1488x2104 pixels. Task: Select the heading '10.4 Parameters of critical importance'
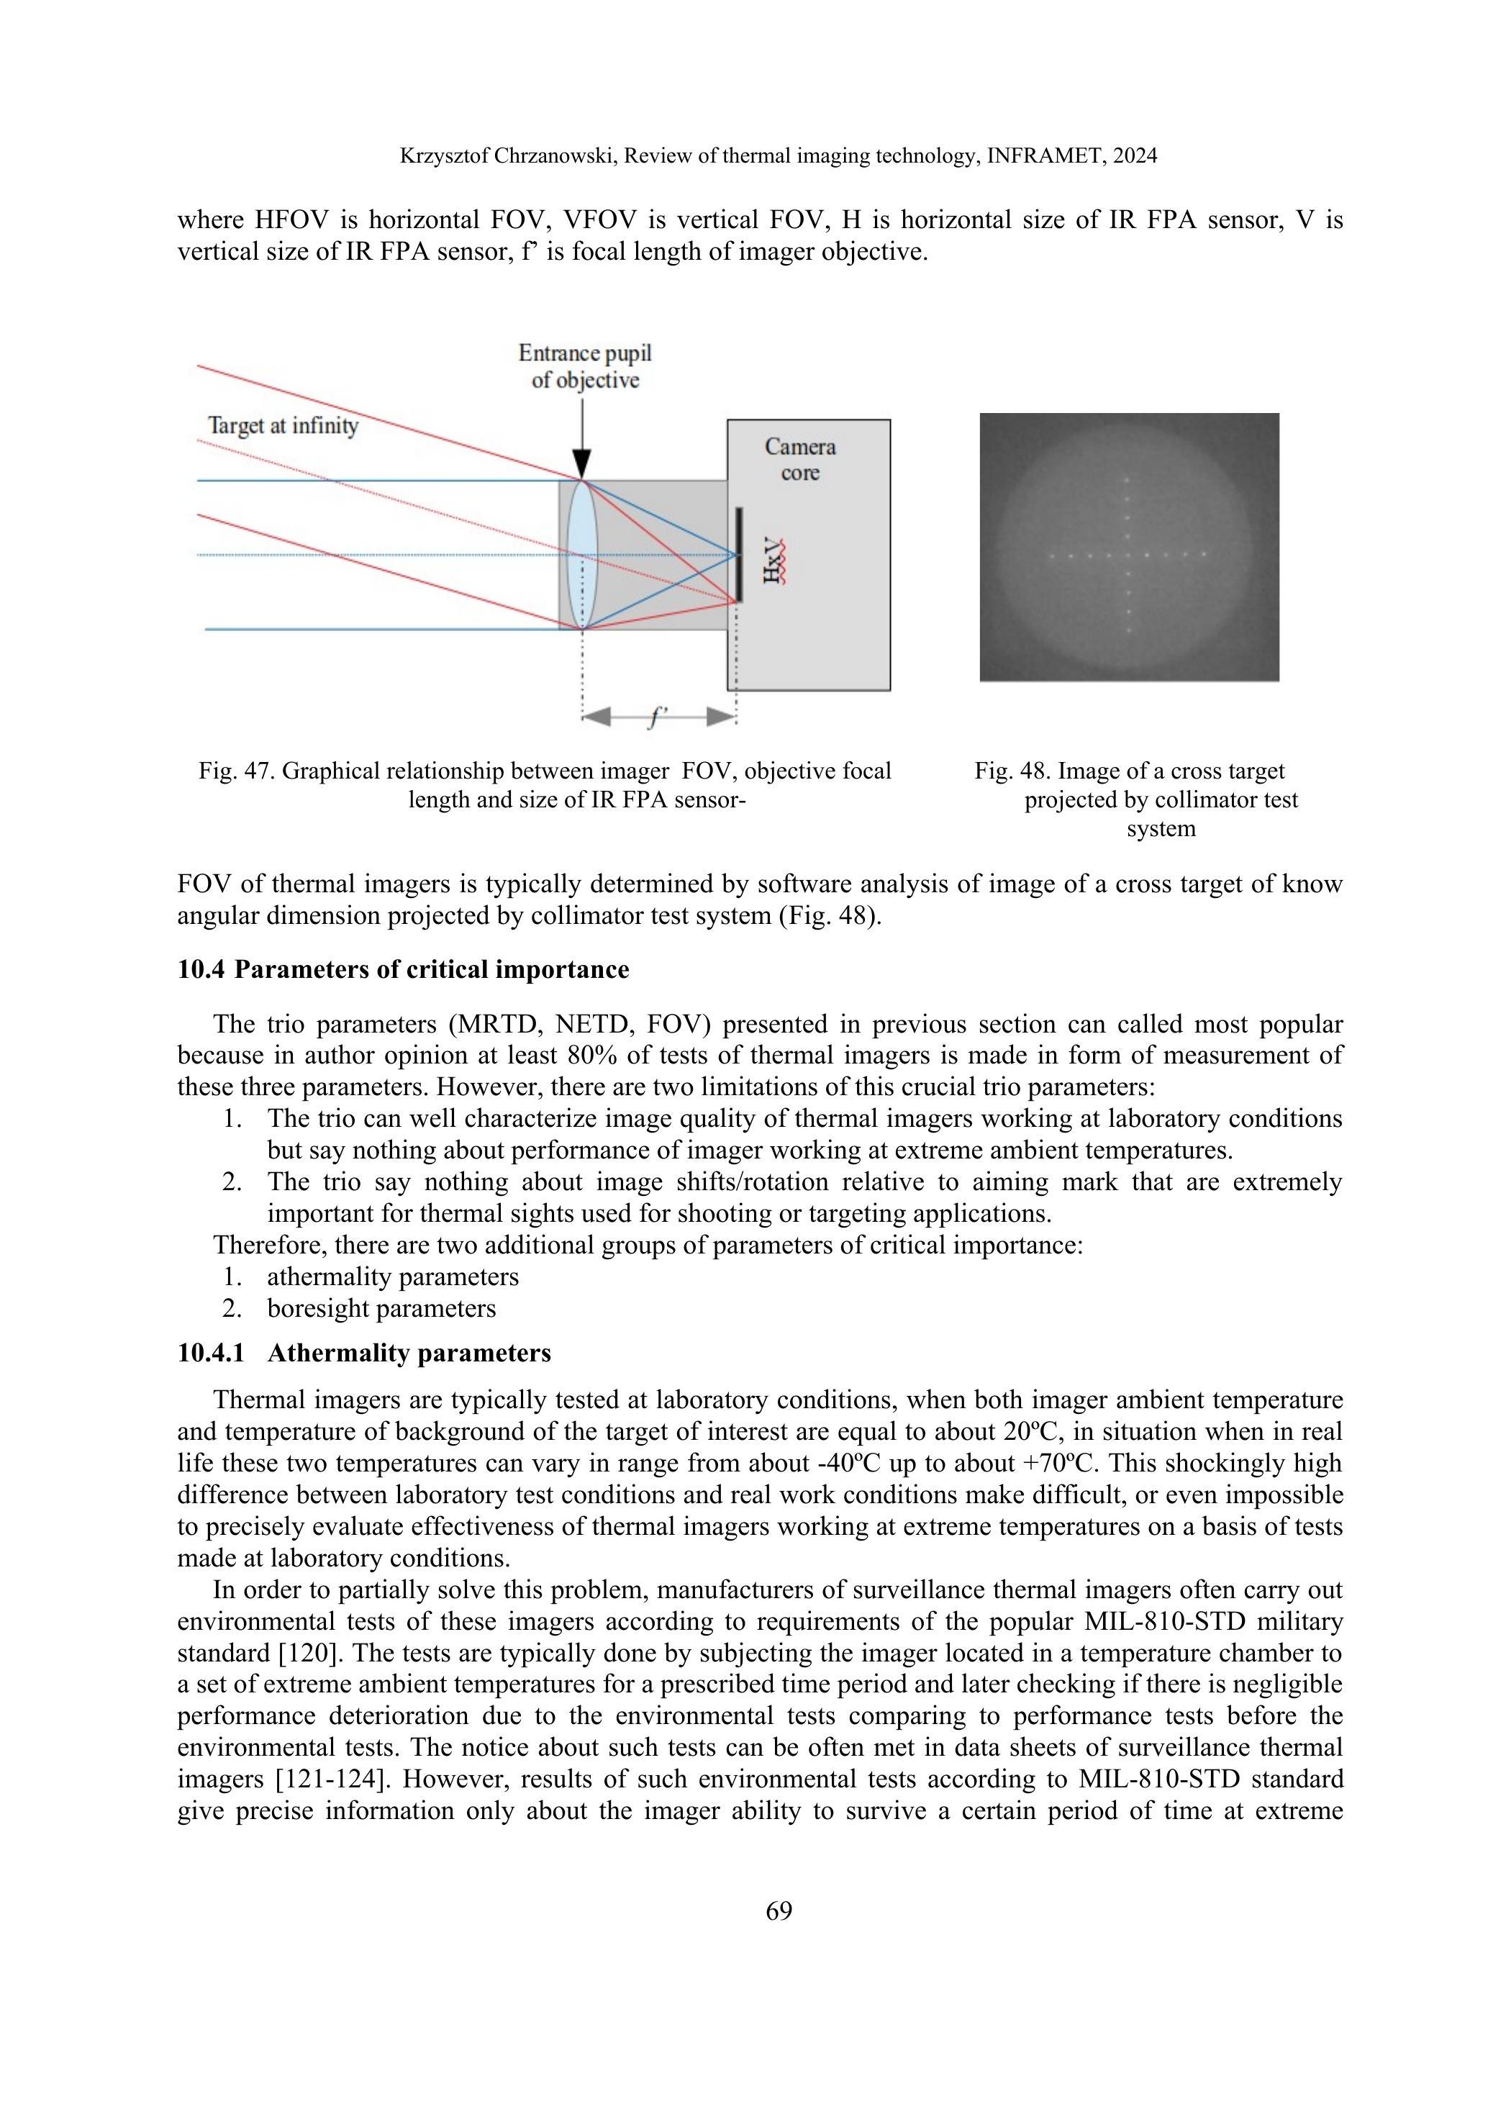403,969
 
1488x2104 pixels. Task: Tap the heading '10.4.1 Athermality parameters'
364,1353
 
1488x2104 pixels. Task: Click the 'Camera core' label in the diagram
800,460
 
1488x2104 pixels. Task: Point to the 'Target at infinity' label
283,426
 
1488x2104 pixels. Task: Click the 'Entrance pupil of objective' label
584,366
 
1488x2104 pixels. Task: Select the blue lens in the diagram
581,554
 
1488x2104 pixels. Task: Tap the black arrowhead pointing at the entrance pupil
581,463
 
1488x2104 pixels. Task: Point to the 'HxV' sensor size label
775,560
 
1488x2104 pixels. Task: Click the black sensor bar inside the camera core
738,554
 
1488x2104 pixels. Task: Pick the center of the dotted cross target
1127,554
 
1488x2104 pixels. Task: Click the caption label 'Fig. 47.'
237,771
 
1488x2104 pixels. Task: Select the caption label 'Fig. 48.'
1012,771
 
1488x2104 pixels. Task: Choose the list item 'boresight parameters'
381,1309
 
